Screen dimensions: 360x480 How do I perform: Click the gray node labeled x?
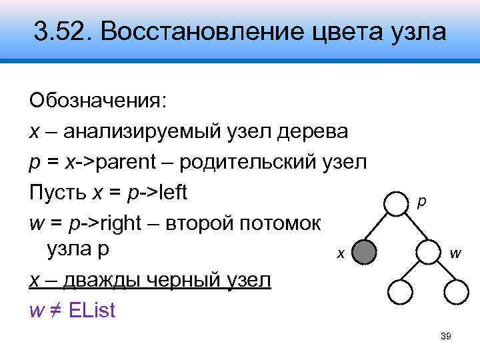coord(363,253)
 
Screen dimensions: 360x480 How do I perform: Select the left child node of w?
coord(402,291)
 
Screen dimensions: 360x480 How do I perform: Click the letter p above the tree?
coord(421,199)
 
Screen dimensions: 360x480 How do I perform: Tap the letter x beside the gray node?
coord(339,253)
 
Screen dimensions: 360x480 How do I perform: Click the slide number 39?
coord(447,337)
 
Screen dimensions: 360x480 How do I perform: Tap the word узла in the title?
coord(415,31)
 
